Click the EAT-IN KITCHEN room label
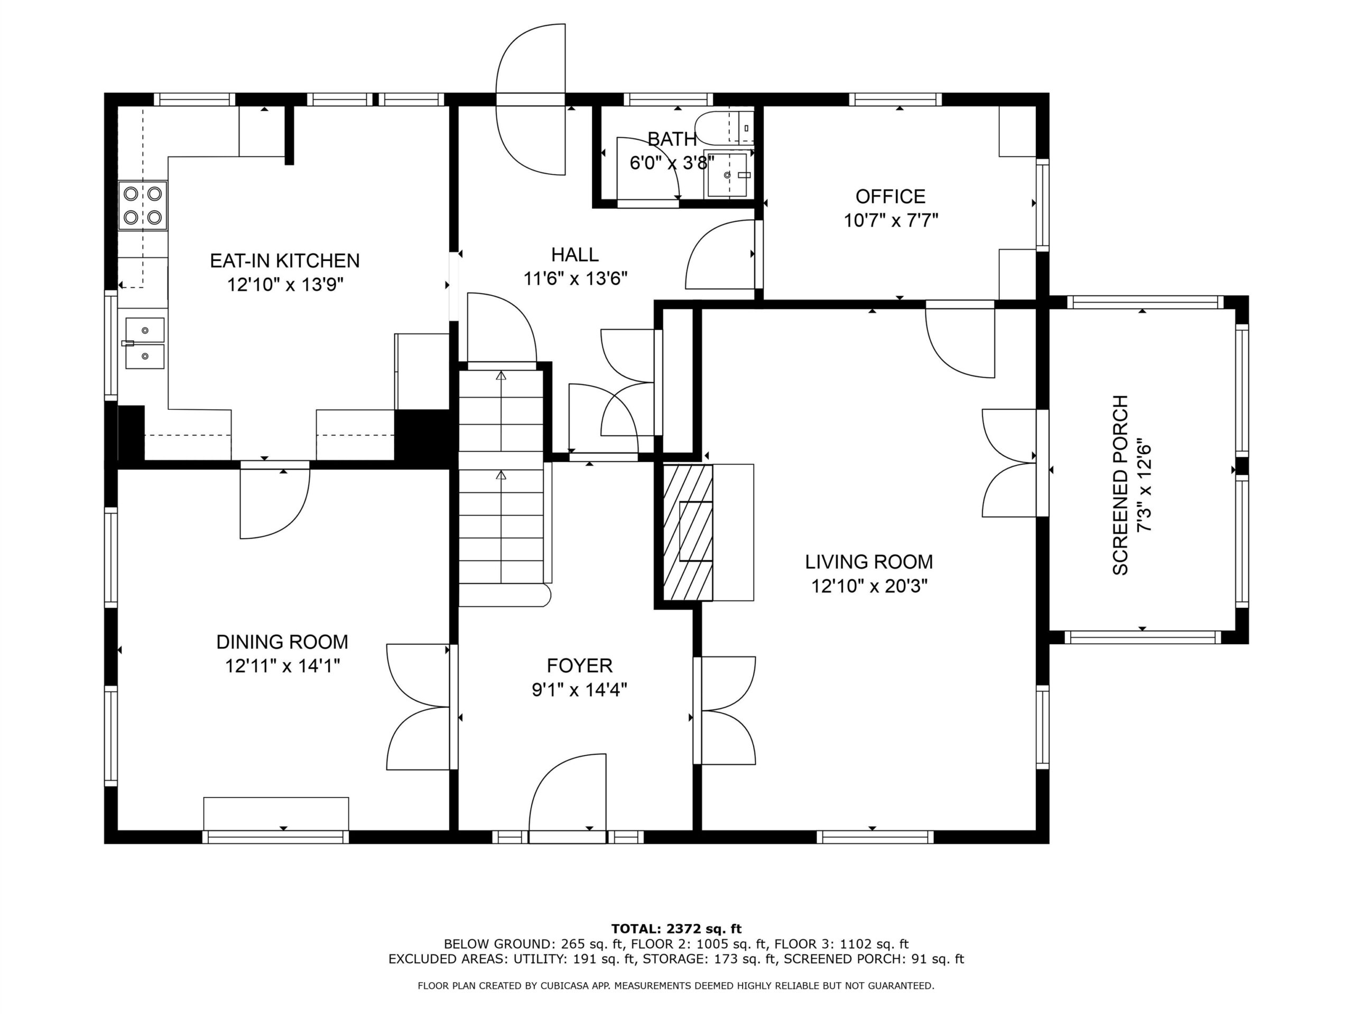[284, 261]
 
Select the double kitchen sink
[145, 343]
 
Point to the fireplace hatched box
[688, 532]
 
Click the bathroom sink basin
[727, 175]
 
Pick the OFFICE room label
[890, 197]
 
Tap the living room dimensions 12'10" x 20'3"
[869, 586]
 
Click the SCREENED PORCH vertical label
[1120, 485]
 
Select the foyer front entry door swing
[568, 798]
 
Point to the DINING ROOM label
[282, 642]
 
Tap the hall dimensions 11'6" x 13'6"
[575, 279]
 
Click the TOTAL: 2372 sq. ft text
[676, 929]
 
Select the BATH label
[672, 139]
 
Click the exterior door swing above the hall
[530, 100]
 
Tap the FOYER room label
[579, 665]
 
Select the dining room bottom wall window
[275, 837]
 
